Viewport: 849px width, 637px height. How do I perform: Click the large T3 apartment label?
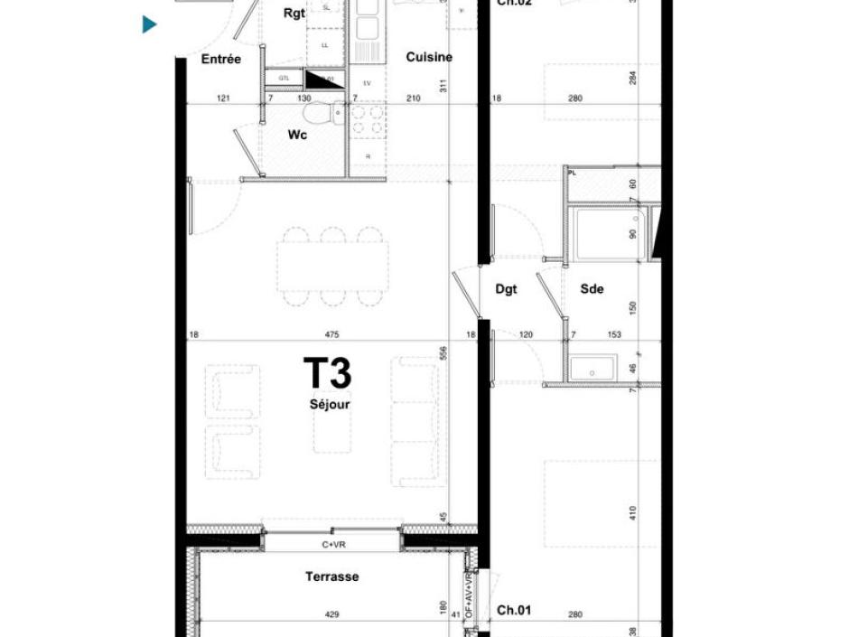coord(326,373)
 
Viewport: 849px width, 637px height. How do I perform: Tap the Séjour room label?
coord(329,405)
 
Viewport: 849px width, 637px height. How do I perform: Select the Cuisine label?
coord(429,57)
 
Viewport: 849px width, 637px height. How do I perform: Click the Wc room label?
coord(296,135)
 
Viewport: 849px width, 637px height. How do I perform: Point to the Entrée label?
coord(221,59)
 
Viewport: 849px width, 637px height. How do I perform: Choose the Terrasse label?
coord(331,576)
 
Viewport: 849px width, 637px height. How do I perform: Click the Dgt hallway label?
coord(506,289)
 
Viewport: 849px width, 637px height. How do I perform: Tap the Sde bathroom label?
coord(592,289)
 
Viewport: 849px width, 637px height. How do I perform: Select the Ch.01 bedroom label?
coord(514,610)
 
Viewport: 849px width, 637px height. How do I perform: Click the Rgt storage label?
coord(294,14)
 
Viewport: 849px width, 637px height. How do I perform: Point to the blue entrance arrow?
coord(150,24)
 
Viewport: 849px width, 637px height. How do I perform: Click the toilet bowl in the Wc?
coord(318,114)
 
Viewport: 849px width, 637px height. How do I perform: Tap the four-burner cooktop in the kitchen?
coord(368,120)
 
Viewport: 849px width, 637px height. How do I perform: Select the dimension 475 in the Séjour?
coord(331,335)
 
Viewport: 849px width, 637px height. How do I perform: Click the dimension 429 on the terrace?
coord(331,614)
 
